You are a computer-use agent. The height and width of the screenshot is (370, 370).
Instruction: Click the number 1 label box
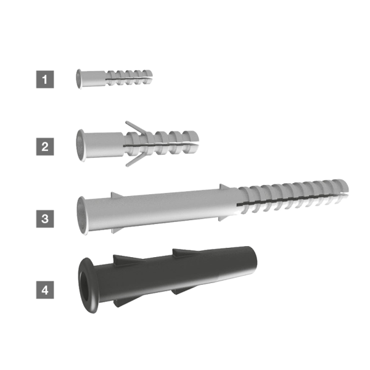tap(45, 80)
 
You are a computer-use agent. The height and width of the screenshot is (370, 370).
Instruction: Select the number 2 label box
tap(45, 147)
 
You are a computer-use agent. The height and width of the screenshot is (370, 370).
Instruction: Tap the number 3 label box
tap(45, 219)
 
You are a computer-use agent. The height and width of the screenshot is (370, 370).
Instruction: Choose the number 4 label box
tap(45, 290)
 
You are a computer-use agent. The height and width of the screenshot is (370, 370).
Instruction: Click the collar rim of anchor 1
tap(79, 79)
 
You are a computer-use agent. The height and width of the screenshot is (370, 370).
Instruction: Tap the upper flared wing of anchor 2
tap(136, 128)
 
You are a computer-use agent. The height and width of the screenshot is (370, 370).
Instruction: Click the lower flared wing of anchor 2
tap(135, 160)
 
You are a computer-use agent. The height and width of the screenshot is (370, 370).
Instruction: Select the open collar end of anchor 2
tap(81, 146)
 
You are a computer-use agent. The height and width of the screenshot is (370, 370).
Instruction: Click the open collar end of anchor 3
tap(81, 215)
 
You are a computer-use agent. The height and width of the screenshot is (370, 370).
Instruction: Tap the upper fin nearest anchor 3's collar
tap(117, 195)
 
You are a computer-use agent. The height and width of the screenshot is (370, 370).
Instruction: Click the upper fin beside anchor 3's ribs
tap(224, 187)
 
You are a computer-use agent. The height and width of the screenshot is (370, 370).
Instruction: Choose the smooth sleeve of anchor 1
tap(94, 78)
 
